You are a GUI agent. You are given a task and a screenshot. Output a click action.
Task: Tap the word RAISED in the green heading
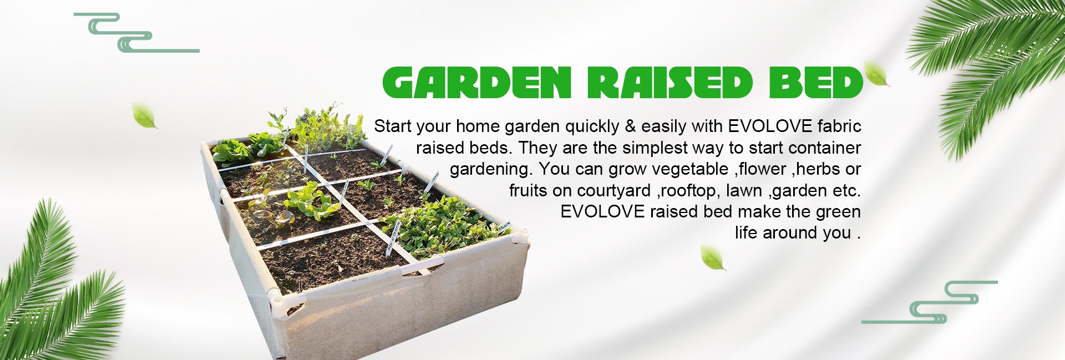(x=670, y=83)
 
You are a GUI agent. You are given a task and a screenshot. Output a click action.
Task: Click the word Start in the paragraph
(x=392, y=126)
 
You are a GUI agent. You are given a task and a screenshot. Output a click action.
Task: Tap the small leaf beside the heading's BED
(x=876, y=74)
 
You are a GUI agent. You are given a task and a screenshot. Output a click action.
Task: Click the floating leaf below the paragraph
(x=712, y=258)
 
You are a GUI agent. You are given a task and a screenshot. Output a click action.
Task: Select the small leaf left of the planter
(x=144, y=116)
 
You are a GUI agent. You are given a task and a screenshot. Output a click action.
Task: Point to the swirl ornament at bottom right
(x=932, y=303)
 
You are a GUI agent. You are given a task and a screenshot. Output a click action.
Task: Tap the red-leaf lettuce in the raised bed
(x=273, y=217)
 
